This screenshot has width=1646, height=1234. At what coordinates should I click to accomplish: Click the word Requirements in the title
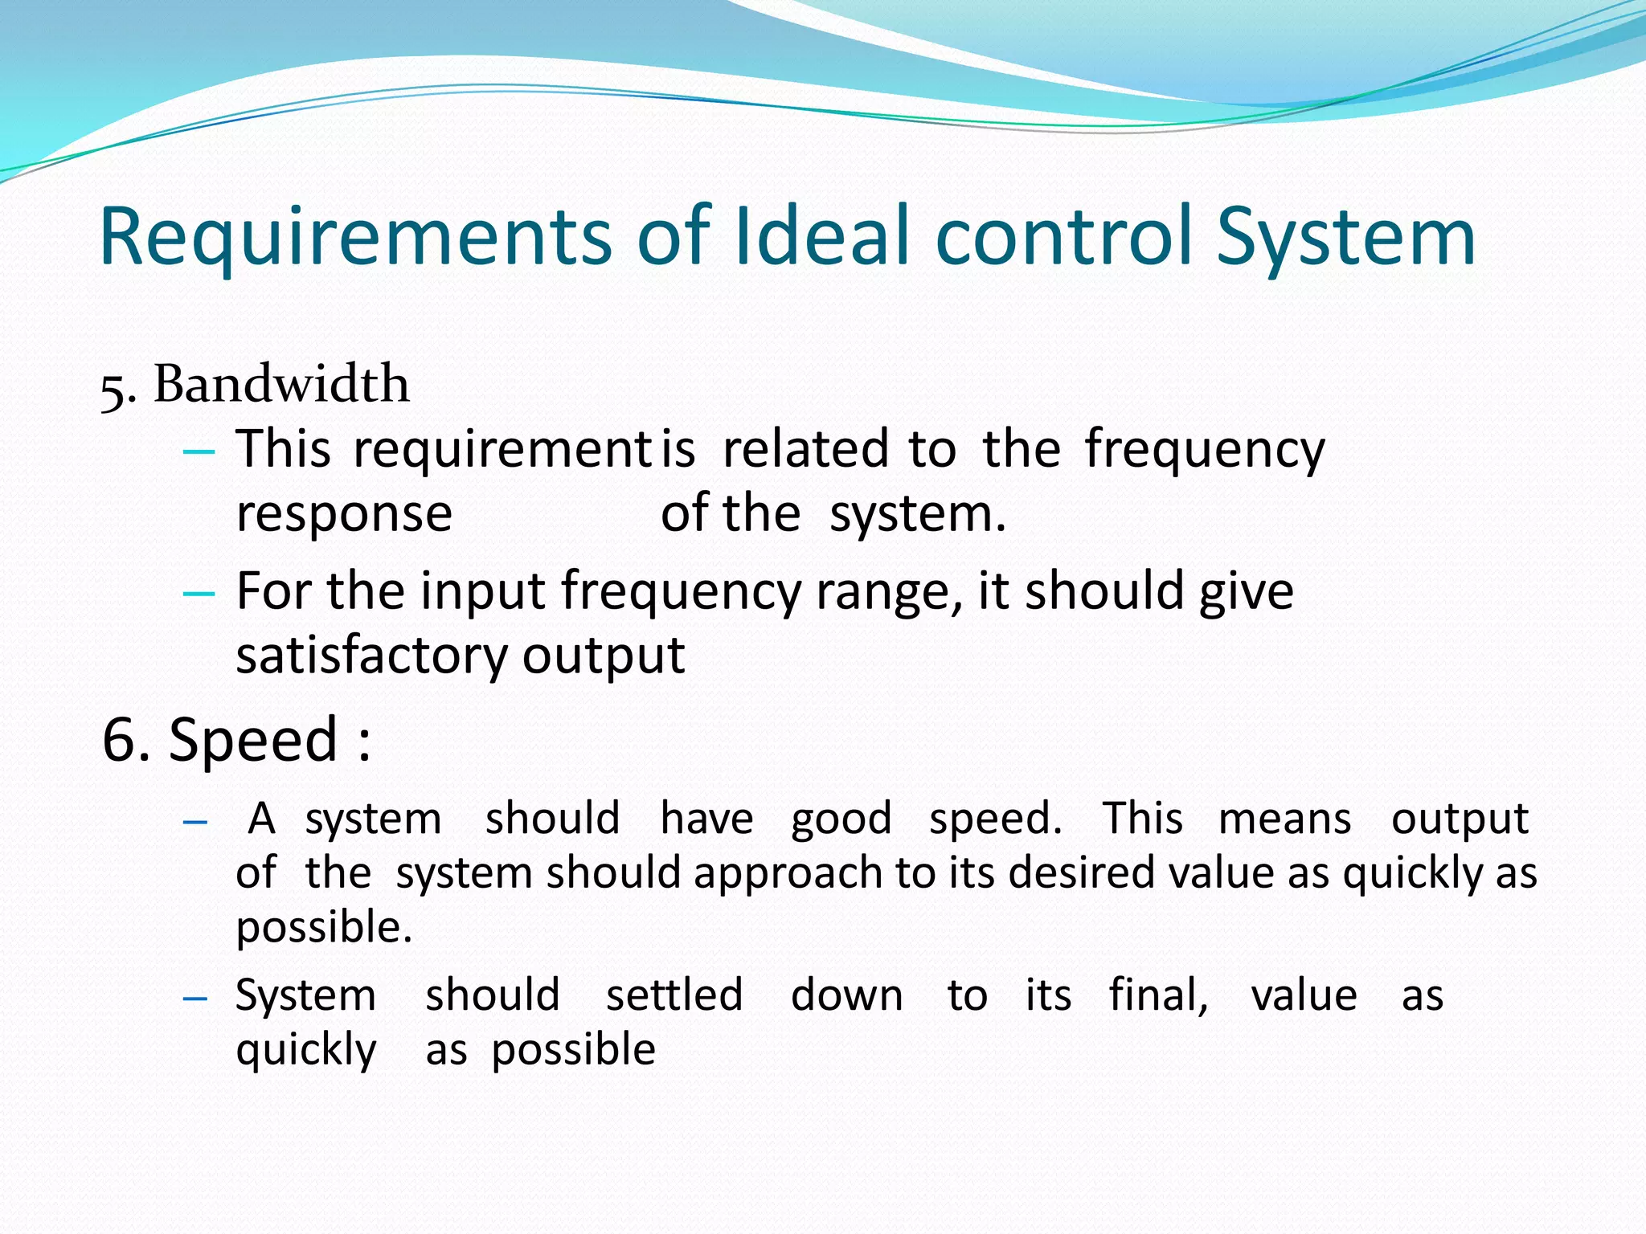tap(354, 238)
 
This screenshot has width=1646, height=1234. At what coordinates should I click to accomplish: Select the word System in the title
tap(1345, 238)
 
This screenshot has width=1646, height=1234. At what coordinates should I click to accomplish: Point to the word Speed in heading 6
tap(253, 740)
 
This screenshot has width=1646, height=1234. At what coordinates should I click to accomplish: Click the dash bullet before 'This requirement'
tap(199, 452)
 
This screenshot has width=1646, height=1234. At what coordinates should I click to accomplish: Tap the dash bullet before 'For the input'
tap(199, 594)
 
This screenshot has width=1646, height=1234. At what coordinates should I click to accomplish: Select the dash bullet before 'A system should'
tap(195, 822)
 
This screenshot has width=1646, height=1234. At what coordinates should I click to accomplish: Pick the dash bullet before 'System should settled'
tap(195, 999)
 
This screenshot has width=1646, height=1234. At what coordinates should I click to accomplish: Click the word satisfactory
tap(371, 656)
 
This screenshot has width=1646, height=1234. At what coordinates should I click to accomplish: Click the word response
tap(344, 514)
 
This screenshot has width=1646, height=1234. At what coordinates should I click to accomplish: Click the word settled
tap(674, 995)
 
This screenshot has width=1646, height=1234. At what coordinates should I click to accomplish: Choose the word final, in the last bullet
tap(1158, 995)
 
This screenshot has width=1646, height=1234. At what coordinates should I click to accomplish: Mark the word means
tap(1284, 820)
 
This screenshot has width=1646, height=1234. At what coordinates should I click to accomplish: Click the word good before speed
tap(841, 820)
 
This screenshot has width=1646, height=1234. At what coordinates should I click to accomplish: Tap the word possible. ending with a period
tap(324, 929)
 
